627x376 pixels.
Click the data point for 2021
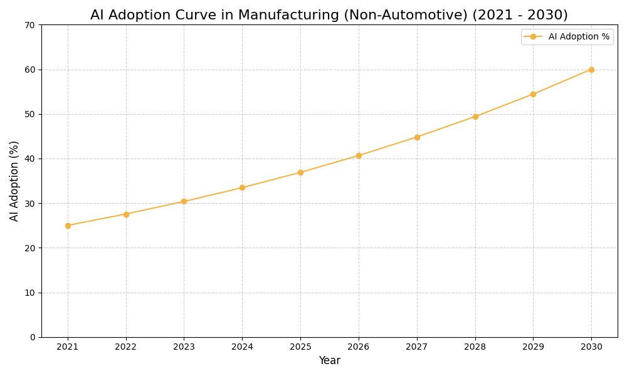(x=68, y=226)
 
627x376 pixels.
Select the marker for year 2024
(x=242, y=187)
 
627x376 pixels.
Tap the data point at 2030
(x=591, y=70)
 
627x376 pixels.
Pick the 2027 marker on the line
(x=417, y=137)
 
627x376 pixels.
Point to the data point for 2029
(x=533, y=94)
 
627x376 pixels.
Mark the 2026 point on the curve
(x=359, y=155)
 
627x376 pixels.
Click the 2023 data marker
(x=184, y=201)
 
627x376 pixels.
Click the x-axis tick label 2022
(x=126, y=347)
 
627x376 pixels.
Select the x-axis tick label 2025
(x=300, y=347)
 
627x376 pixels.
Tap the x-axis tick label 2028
(x=475, y=347)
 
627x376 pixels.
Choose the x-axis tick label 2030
(x=591, y=347)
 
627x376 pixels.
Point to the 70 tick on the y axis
(x=30, y=25)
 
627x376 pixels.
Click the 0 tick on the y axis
(x=33, y=337)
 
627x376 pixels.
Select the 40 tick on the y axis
(x=30, y=159)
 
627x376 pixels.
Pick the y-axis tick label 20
(x=30, y=248)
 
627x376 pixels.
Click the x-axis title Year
(x=329, y=361)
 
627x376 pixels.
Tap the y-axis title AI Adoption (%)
(x=14, y=180)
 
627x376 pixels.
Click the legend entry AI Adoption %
(x=578, y=37)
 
